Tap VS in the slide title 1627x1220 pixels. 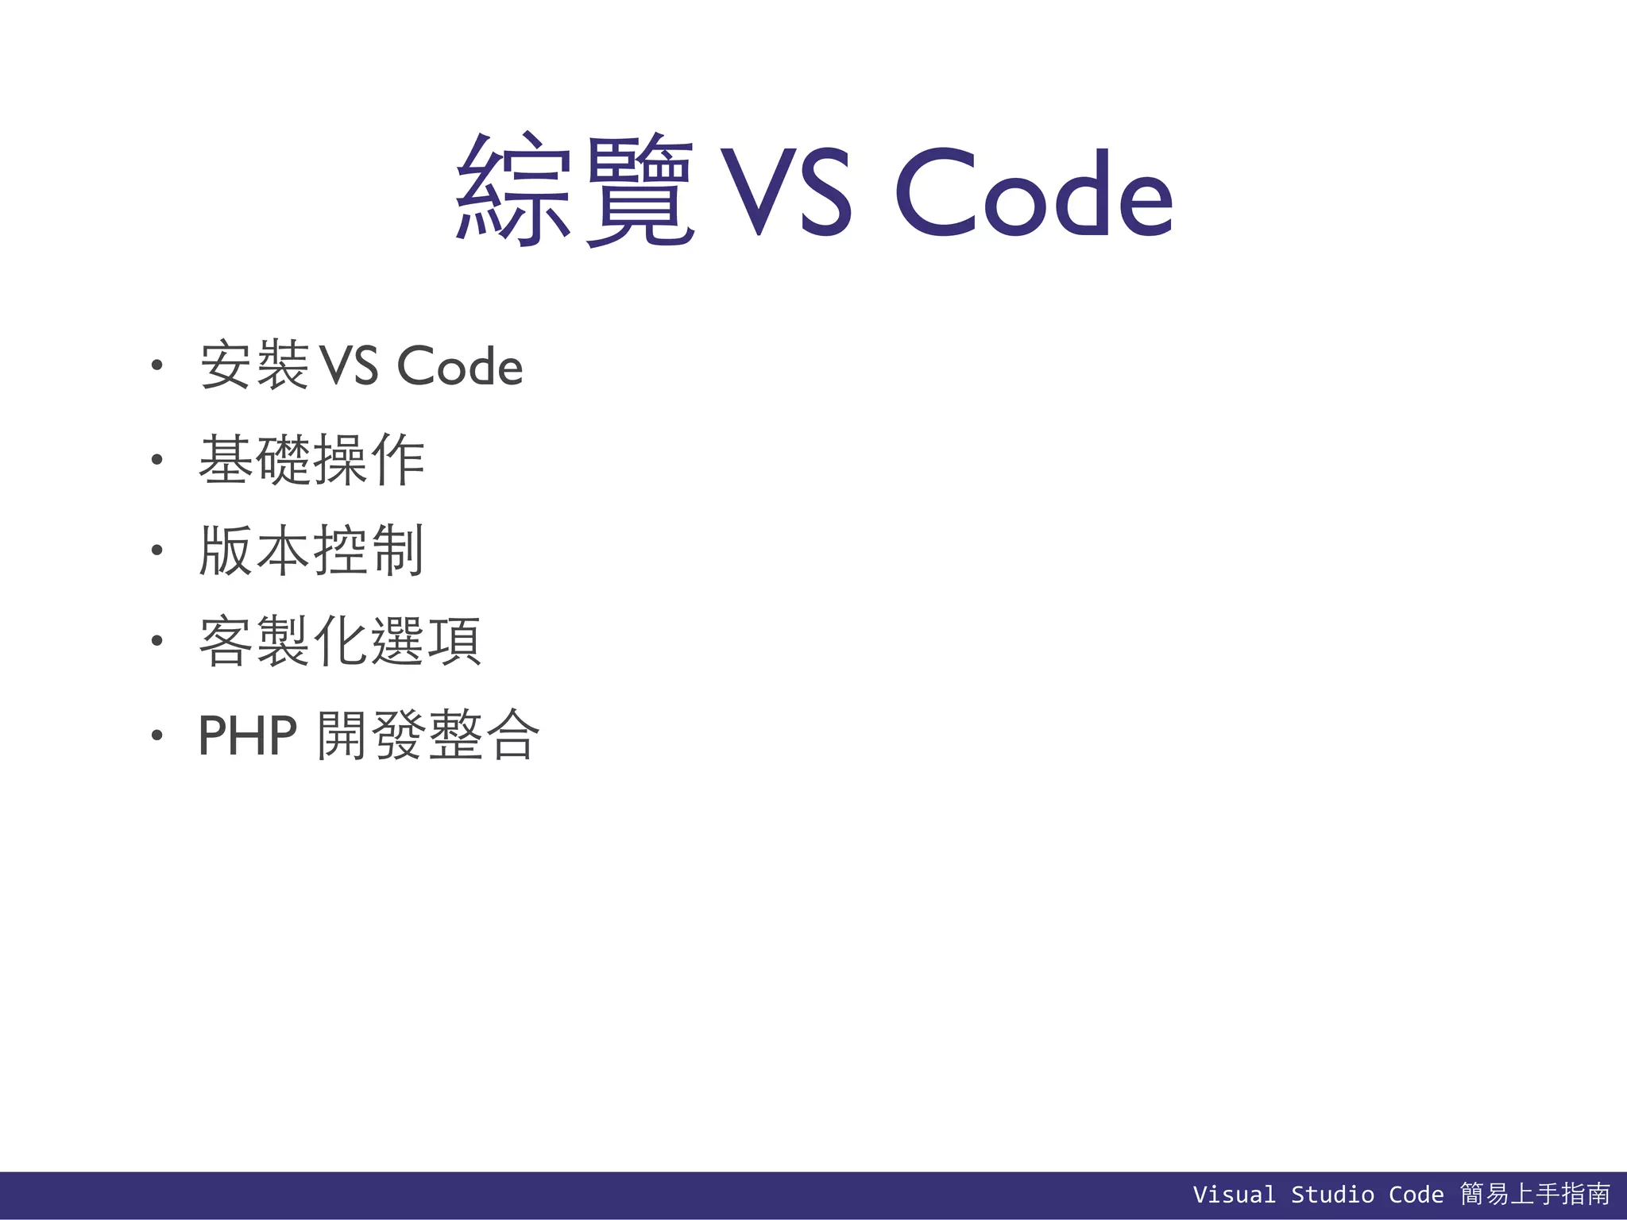(x=786, y=193)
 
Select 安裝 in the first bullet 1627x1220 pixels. (x=254, y=365)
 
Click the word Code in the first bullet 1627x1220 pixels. (x=459, y=367)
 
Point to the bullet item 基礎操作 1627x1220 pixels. (x=311, y=459)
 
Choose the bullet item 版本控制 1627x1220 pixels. (x=311, y=550)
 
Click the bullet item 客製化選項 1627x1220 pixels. (x=340, y=642)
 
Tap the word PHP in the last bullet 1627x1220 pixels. (x=247, y=735)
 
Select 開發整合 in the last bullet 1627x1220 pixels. (x=428, y=735)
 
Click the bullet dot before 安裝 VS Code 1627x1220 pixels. (x=157, y=365)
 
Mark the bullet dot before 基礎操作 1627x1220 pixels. (x=157, y=459)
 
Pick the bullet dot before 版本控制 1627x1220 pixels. (x=157, y=550)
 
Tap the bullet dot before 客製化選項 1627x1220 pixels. (x=157, y=641)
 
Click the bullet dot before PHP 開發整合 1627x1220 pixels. (x=157, y=735)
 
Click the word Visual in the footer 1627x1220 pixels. (x=1234, y=1195)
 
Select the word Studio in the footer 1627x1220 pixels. (x=1331, y=1195)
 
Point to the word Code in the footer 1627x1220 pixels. (x=1416, y=1195)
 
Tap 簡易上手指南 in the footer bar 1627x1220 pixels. (x=1535, y=1194)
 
